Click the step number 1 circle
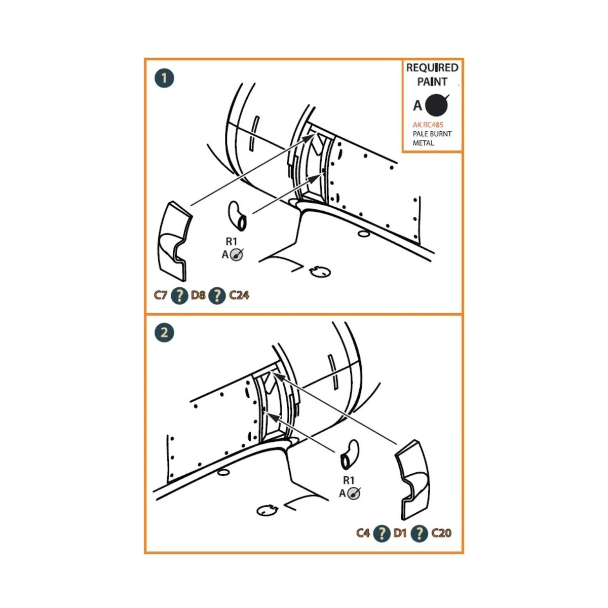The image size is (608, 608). (164, 78)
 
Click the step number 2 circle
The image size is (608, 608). (164, 332)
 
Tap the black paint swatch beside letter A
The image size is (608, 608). (437, 105)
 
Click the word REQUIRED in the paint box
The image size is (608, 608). (432, 67)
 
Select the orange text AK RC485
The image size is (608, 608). (428, 125)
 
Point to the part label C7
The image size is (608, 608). (160, 295)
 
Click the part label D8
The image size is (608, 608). (198, 295)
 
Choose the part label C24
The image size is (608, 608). (239, 295)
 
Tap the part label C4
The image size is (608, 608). (363, 533)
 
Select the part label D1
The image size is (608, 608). (400, 533)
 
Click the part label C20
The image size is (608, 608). (441, 533)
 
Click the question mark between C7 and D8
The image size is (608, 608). (179, 295)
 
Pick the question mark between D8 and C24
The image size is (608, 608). (217, 295)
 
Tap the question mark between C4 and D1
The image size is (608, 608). (382, 533)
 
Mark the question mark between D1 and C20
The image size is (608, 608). (420, 533)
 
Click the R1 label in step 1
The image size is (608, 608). (231, 242)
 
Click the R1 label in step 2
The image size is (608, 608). (349, 480)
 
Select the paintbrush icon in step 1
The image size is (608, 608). (237, 254)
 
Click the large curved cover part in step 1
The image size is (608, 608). (174, 241)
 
